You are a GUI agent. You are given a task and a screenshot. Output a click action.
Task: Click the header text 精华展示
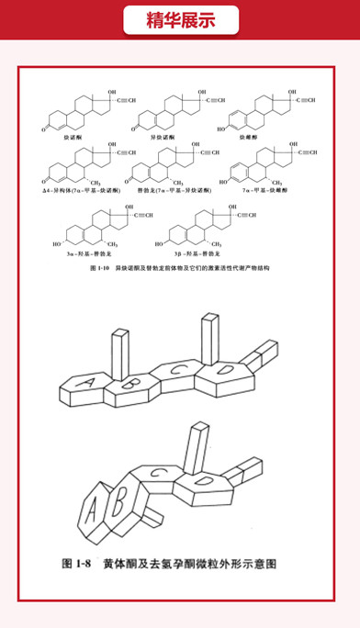pyautogui.click(x=180, y=21)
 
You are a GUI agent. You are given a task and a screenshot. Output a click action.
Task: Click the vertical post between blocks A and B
pyautogui.click(x=118, y=353)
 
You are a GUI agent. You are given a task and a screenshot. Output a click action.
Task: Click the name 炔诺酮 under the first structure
pyautogui.click(x=68, y=135)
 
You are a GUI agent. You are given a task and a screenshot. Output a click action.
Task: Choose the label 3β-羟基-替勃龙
pyautogui.click(x=193, y=246)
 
